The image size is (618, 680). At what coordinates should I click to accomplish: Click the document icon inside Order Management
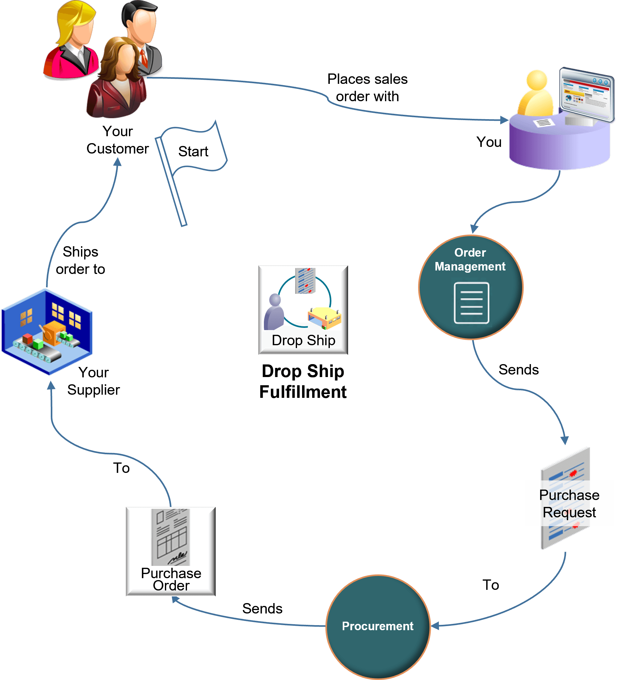(x=471, y=303)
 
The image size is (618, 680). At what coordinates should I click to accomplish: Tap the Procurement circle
(x=378, y=627)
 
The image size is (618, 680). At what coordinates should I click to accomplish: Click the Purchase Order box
(x=171, y=551)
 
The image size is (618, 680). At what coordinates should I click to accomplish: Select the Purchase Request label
(x=569, y=503)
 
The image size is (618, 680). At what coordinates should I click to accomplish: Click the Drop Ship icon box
(x=303, y=310)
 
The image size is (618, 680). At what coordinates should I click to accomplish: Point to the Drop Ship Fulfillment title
(x=303, y=381)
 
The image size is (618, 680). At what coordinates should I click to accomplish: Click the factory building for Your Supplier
(x=47, y=332)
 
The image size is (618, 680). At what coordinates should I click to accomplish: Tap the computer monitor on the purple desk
(x=586, y=95)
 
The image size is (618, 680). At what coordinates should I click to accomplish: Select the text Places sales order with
(x=367, y=88)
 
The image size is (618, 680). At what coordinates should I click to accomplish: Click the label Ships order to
(x=80, y=260)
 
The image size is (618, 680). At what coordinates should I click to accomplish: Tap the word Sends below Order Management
(x=518, y=370)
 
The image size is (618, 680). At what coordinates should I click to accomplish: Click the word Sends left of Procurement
(x=262, y=608)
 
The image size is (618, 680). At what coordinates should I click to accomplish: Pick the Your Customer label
(x=117, y=140)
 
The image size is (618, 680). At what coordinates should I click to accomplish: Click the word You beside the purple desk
(x=488, y=142)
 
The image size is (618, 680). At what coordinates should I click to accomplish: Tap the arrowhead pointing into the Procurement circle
(x=435, y=626)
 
